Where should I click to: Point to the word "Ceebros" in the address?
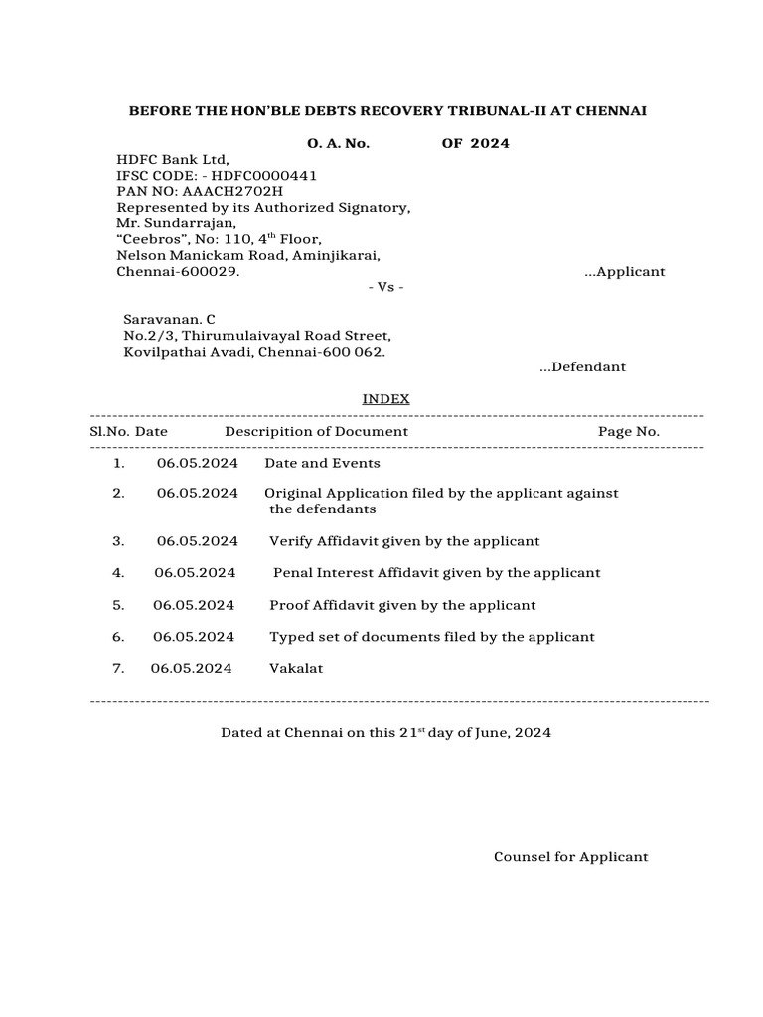tap(151, 239)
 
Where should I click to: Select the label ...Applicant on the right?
tap(625, 271)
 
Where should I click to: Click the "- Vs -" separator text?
tap(385, 287)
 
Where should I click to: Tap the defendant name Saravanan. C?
tap(169, 320)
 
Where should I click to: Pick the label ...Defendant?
tap(582, 367)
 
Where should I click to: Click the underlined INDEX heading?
tap(385, 399)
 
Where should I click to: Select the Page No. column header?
tap(628, 431)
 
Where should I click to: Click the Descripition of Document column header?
tap(316, 431)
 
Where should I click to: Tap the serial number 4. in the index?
tap(118, 573)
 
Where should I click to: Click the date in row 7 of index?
tap(192, 668)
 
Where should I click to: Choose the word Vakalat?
tap(296, 668)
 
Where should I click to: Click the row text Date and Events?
tap(322, 463)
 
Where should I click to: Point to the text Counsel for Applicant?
tap(570, 857)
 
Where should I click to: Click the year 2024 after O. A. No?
tap(490, 143)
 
